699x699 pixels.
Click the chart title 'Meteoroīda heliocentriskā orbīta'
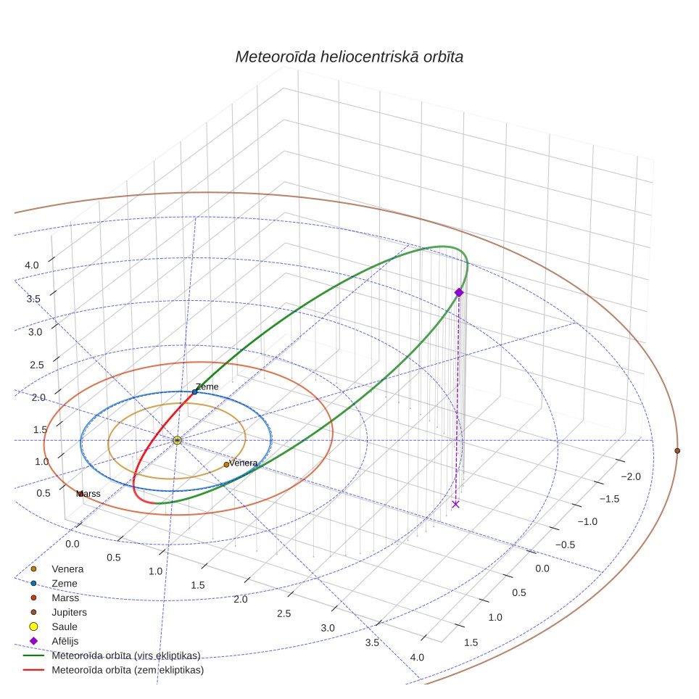point(349,57)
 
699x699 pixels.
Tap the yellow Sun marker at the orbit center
point(177,440)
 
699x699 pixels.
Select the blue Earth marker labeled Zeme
point(195,392)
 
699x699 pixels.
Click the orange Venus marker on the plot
point(226,465)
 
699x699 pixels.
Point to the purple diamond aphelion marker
point(459,292)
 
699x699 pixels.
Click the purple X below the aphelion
point(455,504)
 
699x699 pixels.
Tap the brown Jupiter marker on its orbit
point(677,451)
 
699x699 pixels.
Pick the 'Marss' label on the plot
point(88,494)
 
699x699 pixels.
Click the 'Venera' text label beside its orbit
point(243,463)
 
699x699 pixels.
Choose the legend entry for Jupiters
point(69,612)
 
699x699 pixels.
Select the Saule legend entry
point(65,626)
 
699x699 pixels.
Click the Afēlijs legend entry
point(65,641)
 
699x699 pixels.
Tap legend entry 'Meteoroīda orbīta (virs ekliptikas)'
point(125,655)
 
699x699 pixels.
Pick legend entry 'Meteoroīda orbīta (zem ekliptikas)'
point(128,670)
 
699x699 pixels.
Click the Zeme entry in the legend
point(65,583)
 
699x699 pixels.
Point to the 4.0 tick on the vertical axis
point(32,265)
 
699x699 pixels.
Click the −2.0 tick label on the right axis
point(631,476)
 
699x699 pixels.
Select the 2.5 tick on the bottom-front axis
point(284,613)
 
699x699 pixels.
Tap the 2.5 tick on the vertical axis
point(37,365)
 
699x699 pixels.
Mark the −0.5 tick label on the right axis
point(565,545)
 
